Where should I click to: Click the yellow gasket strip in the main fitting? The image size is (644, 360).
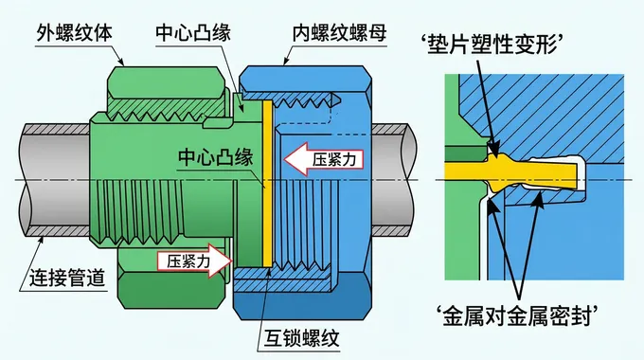(x=268, y=180)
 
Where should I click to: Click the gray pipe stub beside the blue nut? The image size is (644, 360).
(x=399, y=180)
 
